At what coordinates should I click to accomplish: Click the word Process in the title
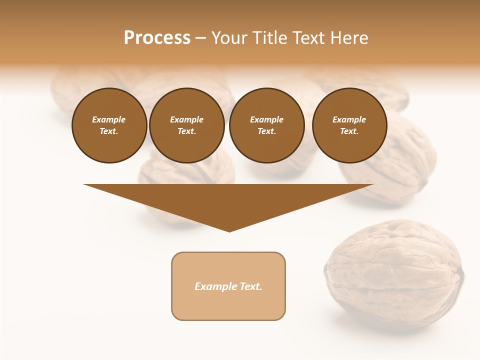(157, 38)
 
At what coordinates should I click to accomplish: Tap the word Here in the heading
(349, 38)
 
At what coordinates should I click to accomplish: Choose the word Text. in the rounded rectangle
(251, 286)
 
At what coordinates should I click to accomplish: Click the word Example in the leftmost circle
(109, 119)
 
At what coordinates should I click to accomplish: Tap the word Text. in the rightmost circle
(349, 131)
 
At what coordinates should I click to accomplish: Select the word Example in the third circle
(266, 119)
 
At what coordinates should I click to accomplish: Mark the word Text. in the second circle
(187, 131)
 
